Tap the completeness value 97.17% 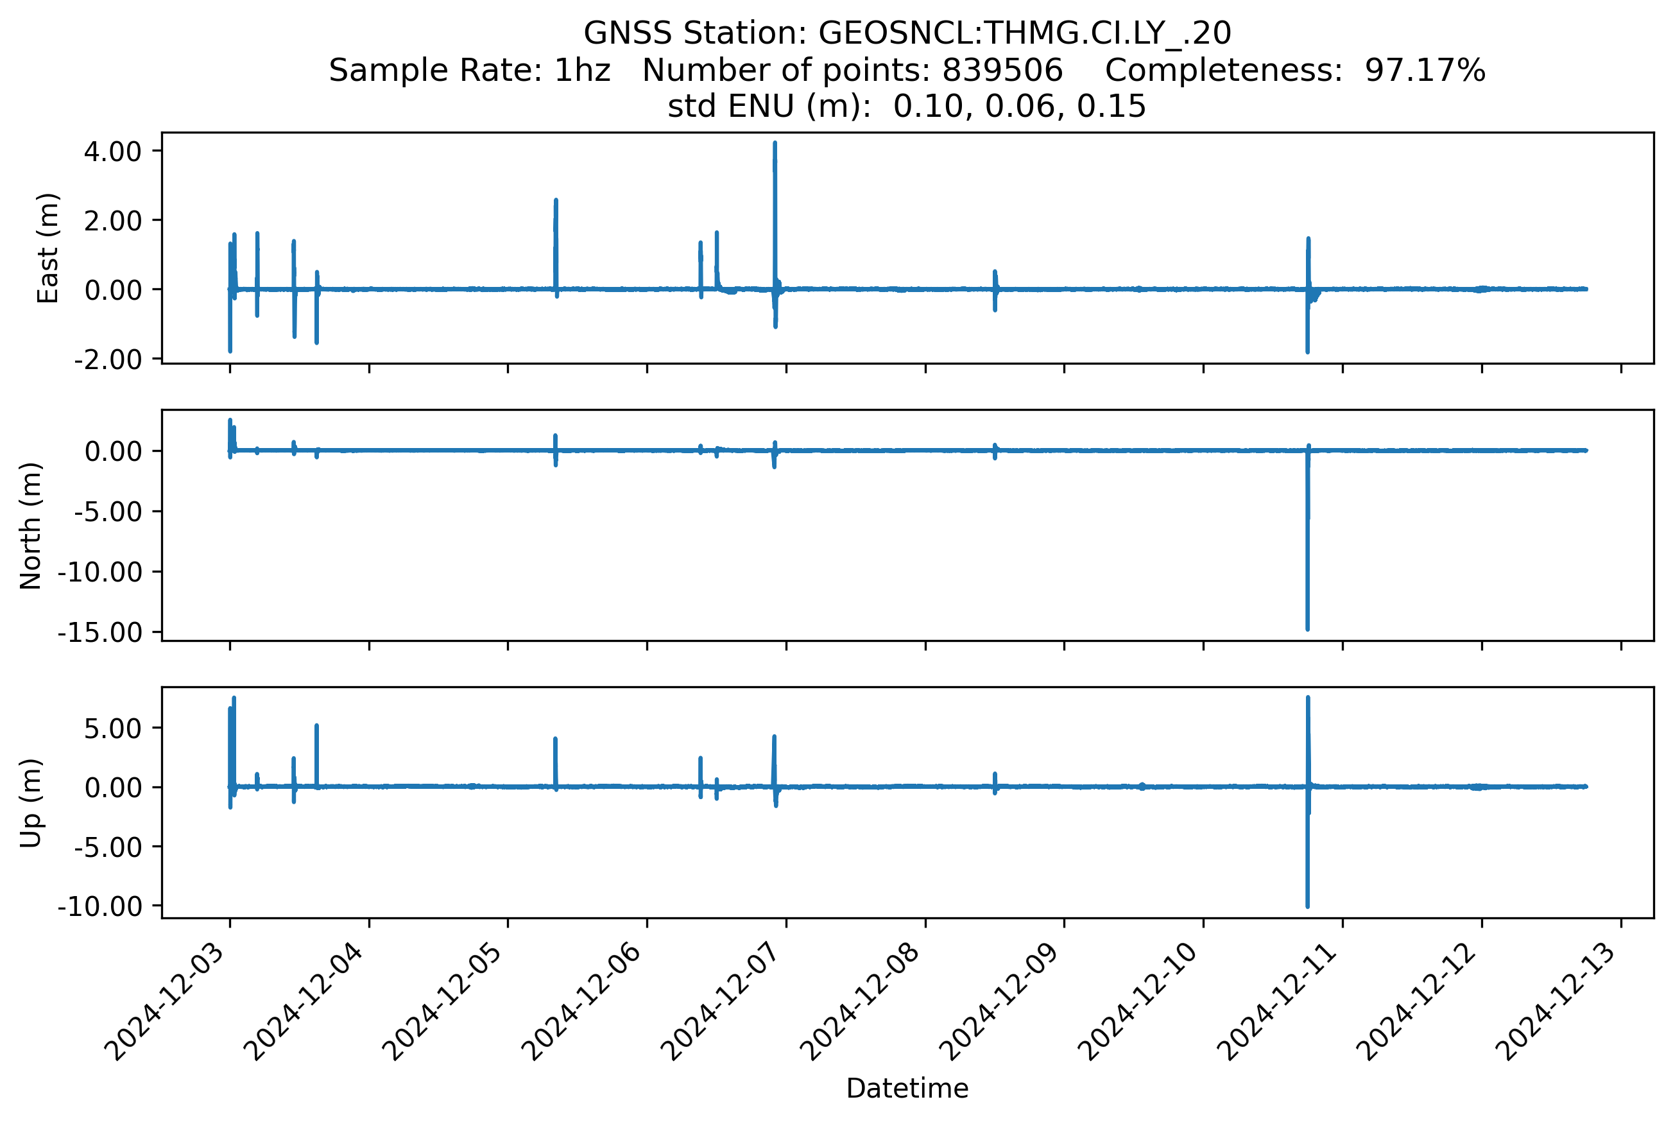point(1425,70)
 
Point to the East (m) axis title point(48,248)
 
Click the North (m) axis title point(31,526)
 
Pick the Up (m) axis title point(31,803)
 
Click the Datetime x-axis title point(907,1089)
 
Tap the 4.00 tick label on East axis point(112,151)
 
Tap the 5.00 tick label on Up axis point(112,729)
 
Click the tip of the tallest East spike point(775,143)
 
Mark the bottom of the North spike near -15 point(1307,630)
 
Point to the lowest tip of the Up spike point(1307,906)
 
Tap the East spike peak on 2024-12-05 point(556,200)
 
